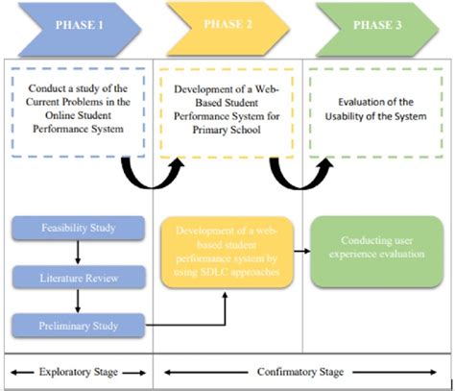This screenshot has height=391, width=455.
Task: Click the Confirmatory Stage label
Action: click(x=302, y=371)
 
